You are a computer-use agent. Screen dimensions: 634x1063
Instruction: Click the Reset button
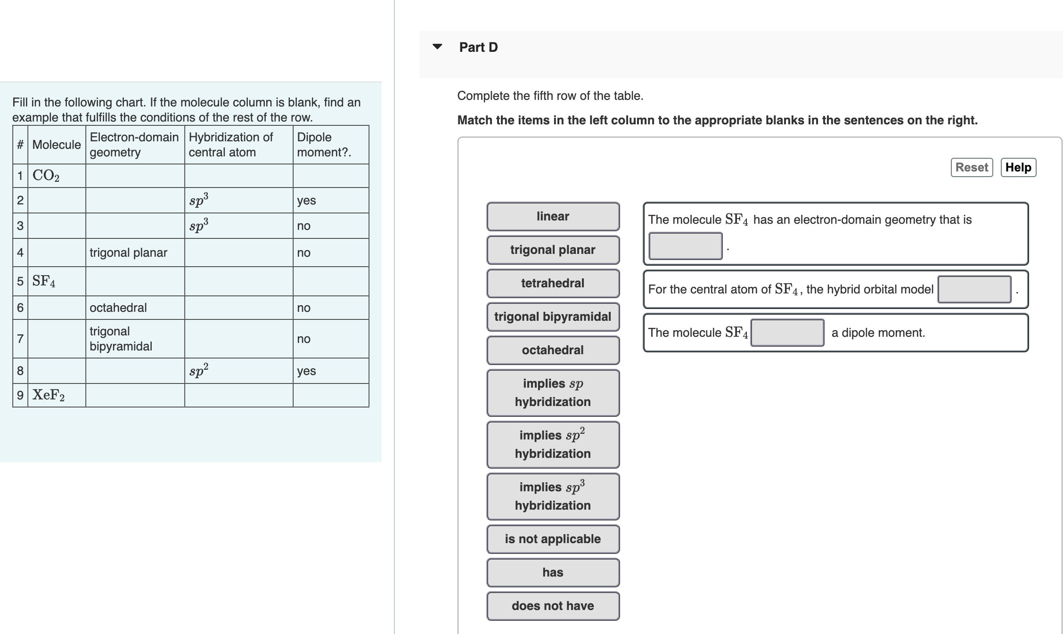(x=971, y=167)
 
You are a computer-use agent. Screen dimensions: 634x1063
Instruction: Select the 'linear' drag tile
(x=553, y=216)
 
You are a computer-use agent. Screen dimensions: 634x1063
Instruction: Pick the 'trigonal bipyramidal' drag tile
(x=553, y=317)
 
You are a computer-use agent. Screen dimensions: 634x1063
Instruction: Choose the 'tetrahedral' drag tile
(x=553, y=283)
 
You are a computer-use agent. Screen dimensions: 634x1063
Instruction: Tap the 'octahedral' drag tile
(x=553, y=350)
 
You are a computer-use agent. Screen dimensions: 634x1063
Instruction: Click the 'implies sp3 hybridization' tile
(x=553, y=496)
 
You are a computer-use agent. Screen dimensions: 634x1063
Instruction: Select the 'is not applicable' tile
(x=553, y=539)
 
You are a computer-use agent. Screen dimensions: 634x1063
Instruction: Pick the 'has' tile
(x=553, y=572)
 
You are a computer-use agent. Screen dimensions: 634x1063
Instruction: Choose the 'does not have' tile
(x=553, y=606)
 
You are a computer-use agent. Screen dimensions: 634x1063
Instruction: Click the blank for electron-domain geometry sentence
(x=685, y=246)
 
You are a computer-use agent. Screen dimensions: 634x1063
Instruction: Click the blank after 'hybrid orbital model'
(x=974, y=289)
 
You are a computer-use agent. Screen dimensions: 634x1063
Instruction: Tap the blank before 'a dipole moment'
(x=787, y=333)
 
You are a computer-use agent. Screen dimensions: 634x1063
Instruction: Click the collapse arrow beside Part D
(x=437, y=47)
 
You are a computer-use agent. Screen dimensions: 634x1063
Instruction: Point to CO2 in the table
(x=46, y=176)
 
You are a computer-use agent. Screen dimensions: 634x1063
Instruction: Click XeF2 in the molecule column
(x=49, y=395)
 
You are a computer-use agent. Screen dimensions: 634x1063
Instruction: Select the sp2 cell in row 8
(x=199, y=371)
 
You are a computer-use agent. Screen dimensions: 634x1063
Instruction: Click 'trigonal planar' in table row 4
(x=128, y=252)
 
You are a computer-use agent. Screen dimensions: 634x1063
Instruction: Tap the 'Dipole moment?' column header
(x=324, y=145)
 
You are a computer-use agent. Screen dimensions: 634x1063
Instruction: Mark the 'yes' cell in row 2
(x=306, y=200)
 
